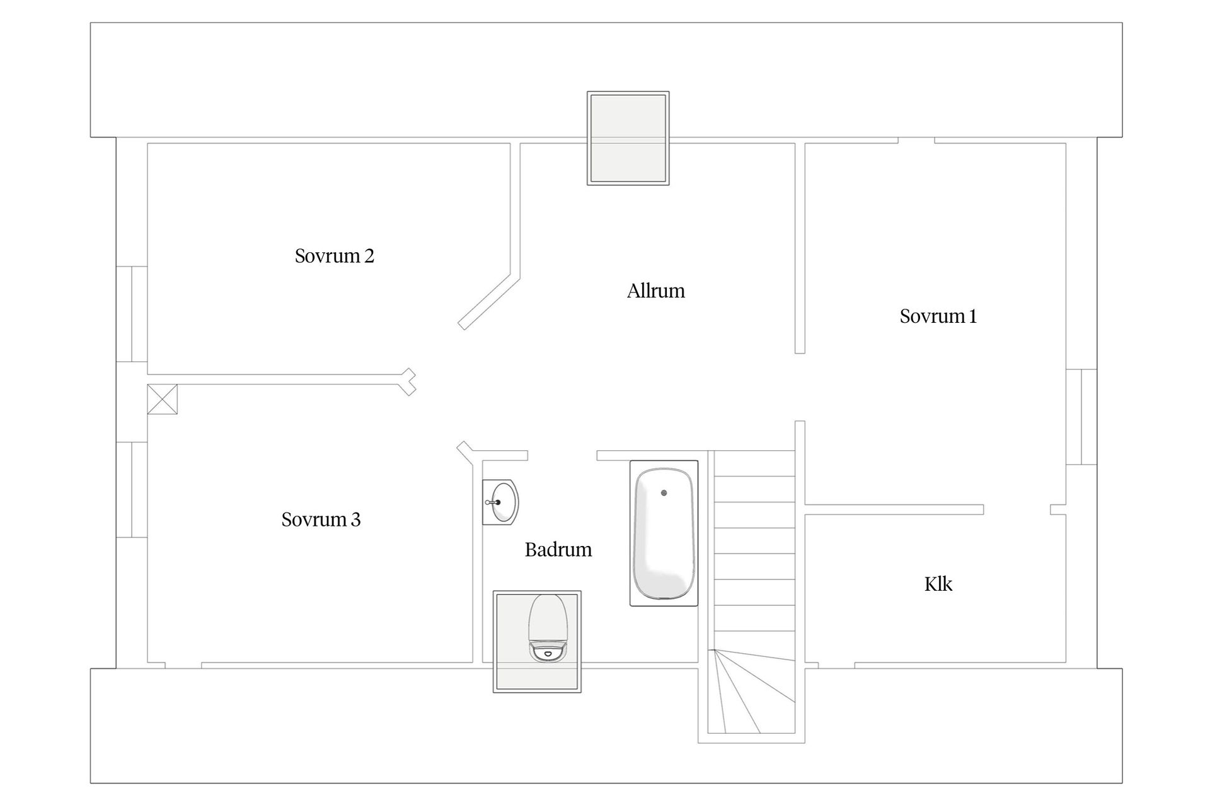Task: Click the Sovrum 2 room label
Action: [334, 256]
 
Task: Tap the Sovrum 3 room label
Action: [321, 520]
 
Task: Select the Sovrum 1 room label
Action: [938, 316]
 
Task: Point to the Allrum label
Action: [656, 291]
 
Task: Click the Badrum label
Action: [558, 550]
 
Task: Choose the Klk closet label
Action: [938, 584]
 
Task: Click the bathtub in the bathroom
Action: [664, 533]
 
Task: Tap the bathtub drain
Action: [664, 492]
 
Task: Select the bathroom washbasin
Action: [500, 502]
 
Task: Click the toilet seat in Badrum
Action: [547, 628]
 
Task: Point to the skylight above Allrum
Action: [628, 138]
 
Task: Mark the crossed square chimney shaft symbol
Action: [163, 399]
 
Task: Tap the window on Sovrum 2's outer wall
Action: [132, 314]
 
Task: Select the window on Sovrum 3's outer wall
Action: [132, 490]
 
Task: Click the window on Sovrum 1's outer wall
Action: [1081, 417]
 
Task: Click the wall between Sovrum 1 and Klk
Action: [894, 509]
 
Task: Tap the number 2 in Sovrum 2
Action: [369, 256]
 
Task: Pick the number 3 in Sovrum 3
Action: [356, 520]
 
